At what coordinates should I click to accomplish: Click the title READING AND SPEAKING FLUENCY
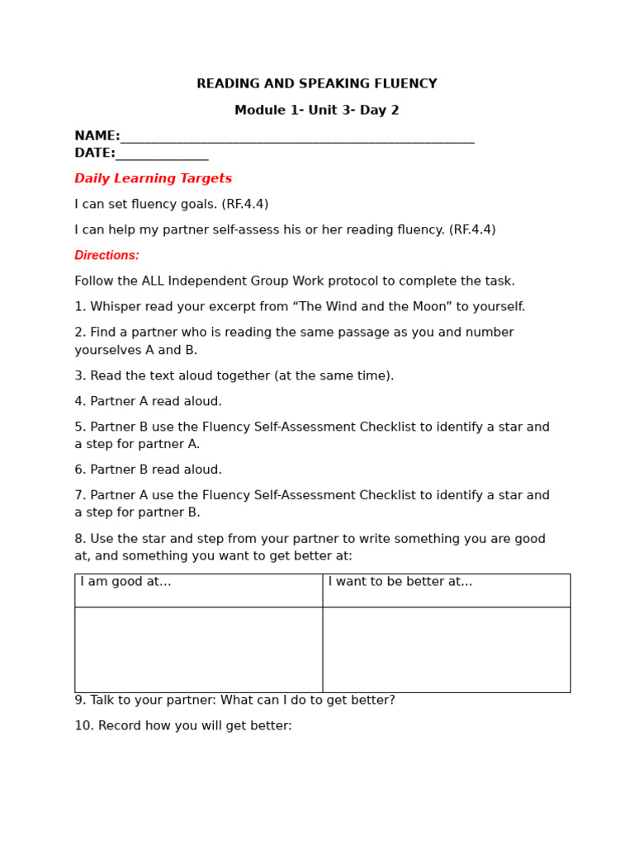point(316,84)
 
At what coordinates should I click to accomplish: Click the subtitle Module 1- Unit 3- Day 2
point(316,111)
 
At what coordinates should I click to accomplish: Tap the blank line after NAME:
point(297,138)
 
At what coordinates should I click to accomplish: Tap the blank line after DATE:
point(162,154)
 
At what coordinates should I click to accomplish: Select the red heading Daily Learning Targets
point(153,179)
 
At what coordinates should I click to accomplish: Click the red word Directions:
point(106,256)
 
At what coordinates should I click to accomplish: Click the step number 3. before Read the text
point(80,376)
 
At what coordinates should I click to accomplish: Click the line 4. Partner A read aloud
point(148,402)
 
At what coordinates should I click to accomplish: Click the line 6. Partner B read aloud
point(148,470)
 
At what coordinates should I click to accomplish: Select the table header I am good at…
point(125,582)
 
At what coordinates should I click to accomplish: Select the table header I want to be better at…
point(400,582)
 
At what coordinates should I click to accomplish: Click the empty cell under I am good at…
point(198,649)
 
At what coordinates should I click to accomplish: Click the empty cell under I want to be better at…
point(446,649)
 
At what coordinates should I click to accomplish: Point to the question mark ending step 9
point(391,701)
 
